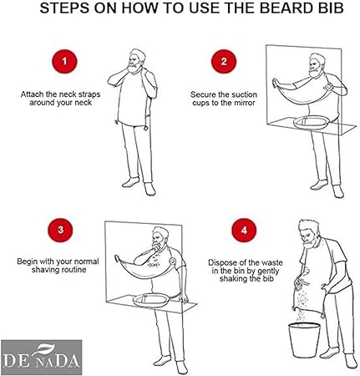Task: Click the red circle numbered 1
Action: click(64, 61)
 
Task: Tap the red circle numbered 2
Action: click(224, 61)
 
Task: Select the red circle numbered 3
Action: click(60, 230)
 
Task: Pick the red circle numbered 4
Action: click(244, 231)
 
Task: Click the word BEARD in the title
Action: click(286, 8)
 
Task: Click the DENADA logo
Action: click(42, 357)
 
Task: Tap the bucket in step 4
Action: click(304, 340)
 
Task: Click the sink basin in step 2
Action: click(312, 122)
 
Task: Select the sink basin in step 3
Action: click(151, 300)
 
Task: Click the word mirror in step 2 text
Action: click(244, 103)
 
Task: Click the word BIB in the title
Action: click(331, 8)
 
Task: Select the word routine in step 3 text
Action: click(76, 270)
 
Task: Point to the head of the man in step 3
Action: click(160, 237)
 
